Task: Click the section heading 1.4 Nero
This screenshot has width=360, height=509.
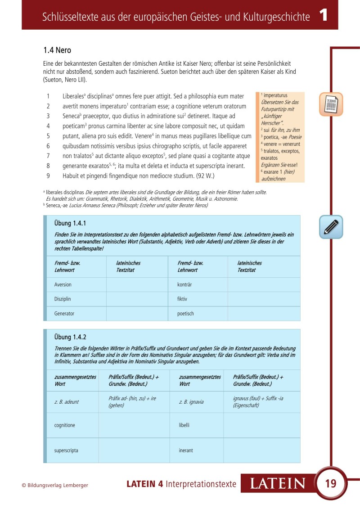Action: point(57,50)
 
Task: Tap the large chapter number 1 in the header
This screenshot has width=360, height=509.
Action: point(324,16)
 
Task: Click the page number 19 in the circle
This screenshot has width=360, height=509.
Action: point(330,484)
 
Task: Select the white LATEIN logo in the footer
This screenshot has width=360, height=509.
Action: point(278,484)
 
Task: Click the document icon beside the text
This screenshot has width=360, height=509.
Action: point(331,104)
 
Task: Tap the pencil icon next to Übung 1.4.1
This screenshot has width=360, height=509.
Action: point(331,227)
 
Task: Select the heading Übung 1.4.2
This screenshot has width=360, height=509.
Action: point(70,337)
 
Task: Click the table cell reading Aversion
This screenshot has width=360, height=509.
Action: point(63,285)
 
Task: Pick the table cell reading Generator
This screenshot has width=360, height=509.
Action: point(64,314)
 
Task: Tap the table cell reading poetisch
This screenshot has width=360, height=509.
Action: point(186,314)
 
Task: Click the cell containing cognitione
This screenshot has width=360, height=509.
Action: point(65,425)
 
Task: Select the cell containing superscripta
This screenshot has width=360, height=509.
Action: point(66,450)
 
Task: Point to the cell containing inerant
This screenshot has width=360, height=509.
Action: point(186,450)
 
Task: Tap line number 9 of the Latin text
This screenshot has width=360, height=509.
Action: point(48,176)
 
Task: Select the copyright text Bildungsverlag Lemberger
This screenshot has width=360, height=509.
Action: point(55,485)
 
